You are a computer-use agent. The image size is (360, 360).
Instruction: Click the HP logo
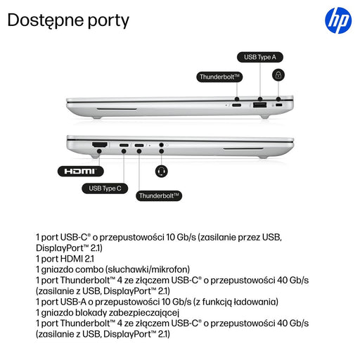point(338,20)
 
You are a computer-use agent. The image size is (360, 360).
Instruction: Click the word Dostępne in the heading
point(46,20)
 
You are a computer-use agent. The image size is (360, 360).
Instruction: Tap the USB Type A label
point(260,57)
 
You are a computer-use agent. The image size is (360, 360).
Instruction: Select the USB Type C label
point(105,188)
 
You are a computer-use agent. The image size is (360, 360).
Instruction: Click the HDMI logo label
point(80,171)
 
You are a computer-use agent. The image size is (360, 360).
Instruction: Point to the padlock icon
point(278,75)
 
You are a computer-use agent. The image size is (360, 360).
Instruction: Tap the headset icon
point(162,171)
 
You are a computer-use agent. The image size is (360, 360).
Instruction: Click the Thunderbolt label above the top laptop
point(219,77)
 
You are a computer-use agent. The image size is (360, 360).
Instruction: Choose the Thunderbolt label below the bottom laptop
point(159,195)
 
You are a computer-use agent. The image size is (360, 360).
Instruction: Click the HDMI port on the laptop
point(100,145)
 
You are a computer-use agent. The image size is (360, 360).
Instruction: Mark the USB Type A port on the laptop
point(259,105)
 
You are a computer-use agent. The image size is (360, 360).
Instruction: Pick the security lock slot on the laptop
point(278,105)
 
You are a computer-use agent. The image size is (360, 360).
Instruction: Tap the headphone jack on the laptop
point(161,145)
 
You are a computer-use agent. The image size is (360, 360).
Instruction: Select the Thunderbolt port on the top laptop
point(236,105)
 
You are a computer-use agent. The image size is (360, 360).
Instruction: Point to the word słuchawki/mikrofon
point(148,269)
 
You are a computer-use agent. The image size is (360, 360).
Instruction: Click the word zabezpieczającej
point(144,313)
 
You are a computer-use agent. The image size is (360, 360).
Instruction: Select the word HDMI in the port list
point(72,259)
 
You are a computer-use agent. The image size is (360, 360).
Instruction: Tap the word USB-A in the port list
point(73,302)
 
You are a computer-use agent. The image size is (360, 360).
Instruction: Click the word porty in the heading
point(108,22)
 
